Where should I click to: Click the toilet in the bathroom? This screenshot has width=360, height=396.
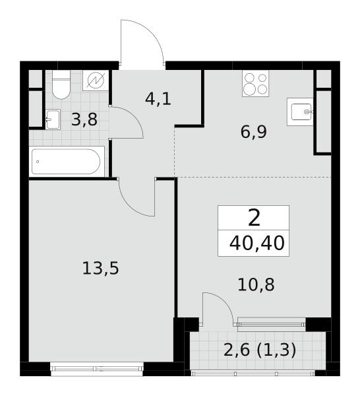click(x=61, y=84)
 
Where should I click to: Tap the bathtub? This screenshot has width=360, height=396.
click(x=67, y=162)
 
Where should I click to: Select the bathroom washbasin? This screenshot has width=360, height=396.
click(x=53, y=119)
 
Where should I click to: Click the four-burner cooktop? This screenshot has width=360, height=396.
click(x=255, y=83)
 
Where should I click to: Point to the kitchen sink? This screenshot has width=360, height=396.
click(x=300, y=112)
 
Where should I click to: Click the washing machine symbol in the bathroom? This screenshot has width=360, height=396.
click(x=96, y=81)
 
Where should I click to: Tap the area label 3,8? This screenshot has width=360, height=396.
click(x=84, y=119)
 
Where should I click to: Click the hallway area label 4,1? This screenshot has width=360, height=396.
click(x=158, y=99)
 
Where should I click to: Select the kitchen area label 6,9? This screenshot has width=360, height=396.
click(x=254, y=132)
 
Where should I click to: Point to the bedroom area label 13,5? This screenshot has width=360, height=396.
click(x=100, y=268)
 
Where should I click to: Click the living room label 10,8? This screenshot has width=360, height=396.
click(x=256, y=284)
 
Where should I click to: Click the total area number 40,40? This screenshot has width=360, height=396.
click(x=257, y=243)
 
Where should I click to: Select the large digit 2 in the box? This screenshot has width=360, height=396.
click(x=254, y=218)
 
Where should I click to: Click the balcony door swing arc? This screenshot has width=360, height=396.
click(x=225, y=301)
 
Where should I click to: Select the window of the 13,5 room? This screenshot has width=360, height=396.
click(x=97, y=368)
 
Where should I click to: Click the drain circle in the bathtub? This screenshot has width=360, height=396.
click(x=38, y=162)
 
